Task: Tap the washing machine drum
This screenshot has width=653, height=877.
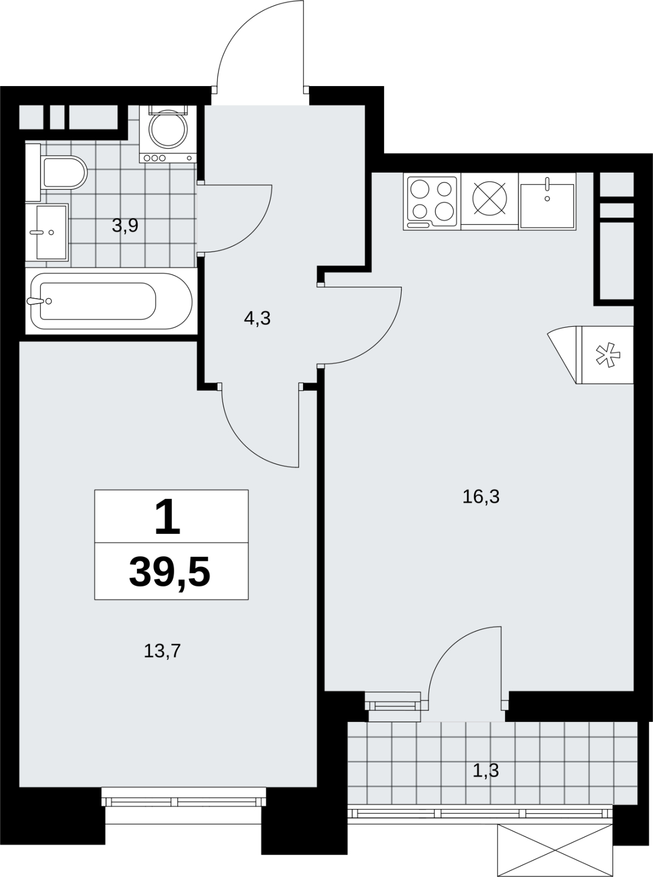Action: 168,128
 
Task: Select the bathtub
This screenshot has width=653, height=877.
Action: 111,301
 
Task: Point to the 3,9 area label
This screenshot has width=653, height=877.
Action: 125,226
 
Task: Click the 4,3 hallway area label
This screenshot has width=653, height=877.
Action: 257,318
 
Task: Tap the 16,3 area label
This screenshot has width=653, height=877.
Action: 481,497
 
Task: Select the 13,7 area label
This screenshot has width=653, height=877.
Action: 163,651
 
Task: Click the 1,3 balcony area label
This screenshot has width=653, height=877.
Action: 486,771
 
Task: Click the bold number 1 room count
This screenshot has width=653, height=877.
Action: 168,517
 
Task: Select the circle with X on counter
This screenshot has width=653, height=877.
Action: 490,198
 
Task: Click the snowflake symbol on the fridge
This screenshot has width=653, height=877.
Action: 608,355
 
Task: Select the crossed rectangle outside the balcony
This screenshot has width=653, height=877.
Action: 555,850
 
